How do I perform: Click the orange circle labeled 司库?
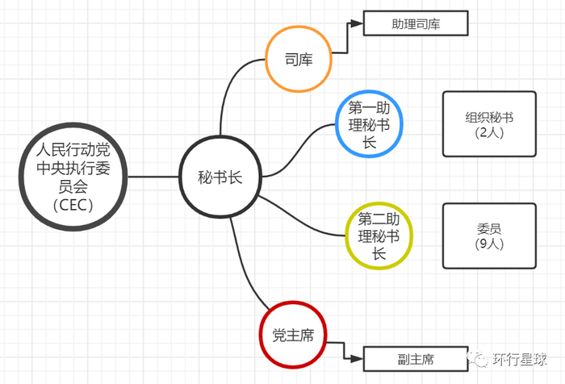[x=299, y=60]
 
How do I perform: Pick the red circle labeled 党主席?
[x=292, y=335]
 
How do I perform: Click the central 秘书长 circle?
[x=220, y=177]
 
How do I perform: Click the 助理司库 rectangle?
[x=415, y=23]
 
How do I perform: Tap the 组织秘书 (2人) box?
[x=490, y=123]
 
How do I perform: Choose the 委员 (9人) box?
[x=490, y=236]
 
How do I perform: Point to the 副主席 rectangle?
[x=416, y=359]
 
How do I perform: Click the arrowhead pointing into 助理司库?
[x=358, y=23]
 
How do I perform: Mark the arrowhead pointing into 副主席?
[x=359, y=359]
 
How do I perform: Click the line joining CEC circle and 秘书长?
[x=153, y=177]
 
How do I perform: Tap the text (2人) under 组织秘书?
[x=490, y=132]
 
